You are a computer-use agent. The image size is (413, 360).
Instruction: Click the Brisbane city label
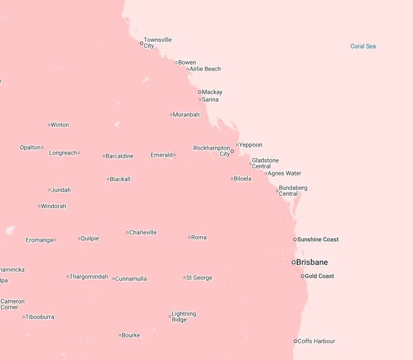pyautogui.click(x=312, y=263)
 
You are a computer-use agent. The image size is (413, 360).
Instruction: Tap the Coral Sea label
pyautogui.click(x=363, y=46)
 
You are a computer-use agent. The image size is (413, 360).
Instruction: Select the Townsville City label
pyautogui.click(x=157, y=43)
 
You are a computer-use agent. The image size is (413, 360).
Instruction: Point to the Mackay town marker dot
pyautogui.click(x=200, y=92)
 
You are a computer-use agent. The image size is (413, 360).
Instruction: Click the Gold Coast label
pyautogui.click(x=319, y=276)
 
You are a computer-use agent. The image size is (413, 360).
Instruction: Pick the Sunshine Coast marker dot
pyautogui.click(x=295, y=239)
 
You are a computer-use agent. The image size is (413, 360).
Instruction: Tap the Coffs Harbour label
pyautogui.click(x=317, y=341)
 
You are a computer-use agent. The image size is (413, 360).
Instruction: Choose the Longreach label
pyautogui.click(x=63, y=153)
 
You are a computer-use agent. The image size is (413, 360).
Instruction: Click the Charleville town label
pyautogui.click(x=143, y=232)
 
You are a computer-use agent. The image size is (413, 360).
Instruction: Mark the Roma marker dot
pyautogui.click(x=190, y=237)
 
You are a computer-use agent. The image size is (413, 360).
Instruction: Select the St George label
pyautogui.click(x=199, y=278)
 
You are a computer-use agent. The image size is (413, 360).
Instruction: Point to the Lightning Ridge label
pyautogui.click(x=184, y=316)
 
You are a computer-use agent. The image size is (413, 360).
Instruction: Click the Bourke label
pyautogui.click(x=131, y=335)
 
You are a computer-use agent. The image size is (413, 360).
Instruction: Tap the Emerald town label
pyautogui.click(x=162, y=155)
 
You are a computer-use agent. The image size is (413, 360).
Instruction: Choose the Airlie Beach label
pyautogui.click(x=205, y=69)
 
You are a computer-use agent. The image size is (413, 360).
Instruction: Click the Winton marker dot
pyautogui.click(x=49, y=125)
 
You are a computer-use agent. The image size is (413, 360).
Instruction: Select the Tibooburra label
pyautogui.click(x=40, y=317)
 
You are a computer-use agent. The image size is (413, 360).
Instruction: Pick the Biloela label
pyautogui.click(x=243, y=179)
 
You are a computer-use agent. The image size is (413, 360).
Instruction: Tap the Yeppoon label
pyautogui.click(x=251, y=145)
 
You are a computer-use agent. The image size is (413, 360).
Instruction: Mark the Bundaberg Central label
pyautogui.click(x=293, y=190)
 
